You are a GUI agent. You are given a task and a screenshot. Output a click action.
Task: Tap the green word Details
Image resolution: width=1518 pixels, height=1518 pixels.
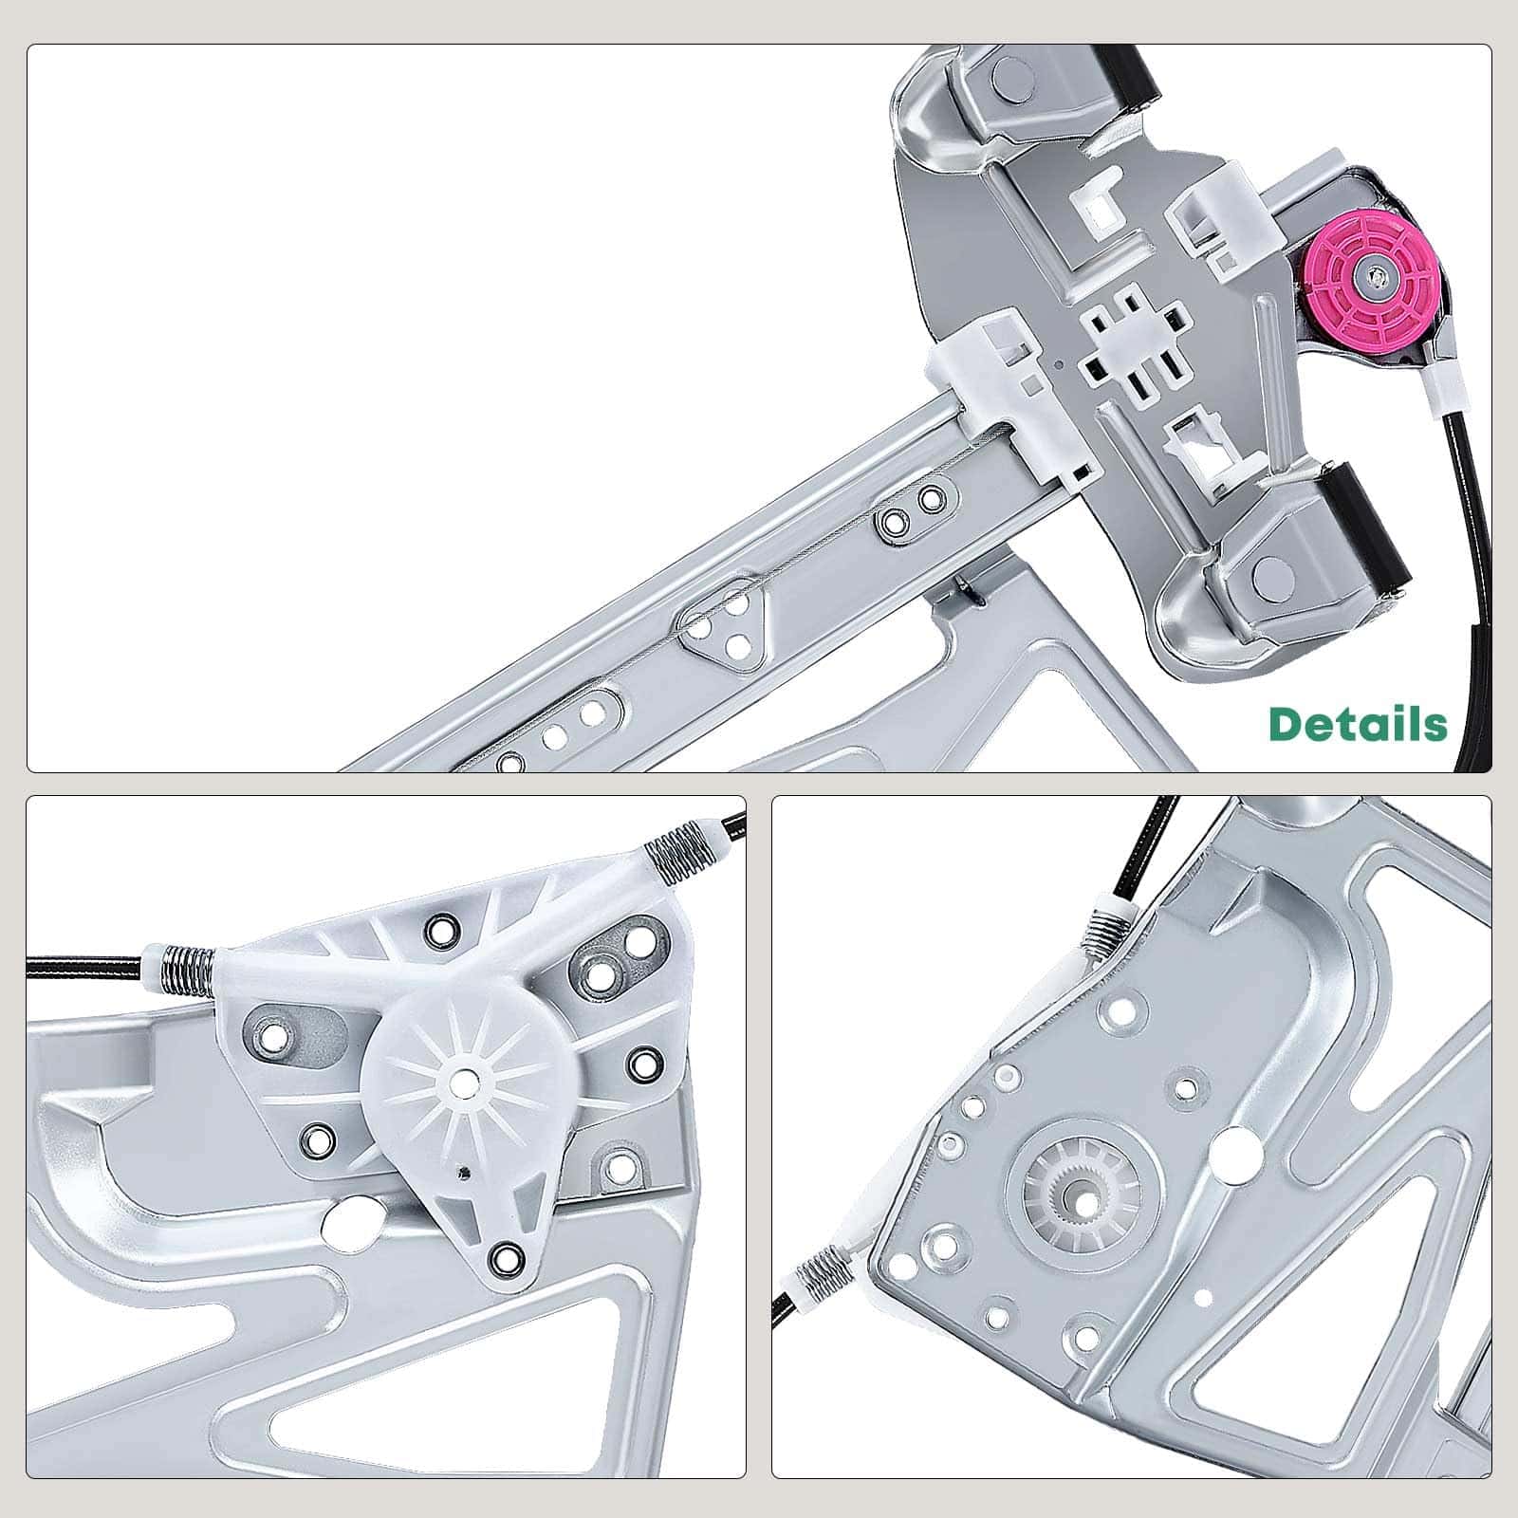[1359, 724]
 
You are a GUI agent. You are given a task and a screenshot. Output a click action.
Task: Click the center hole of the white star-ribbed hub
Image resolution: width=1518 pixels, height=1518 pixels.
[464, 1080]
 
